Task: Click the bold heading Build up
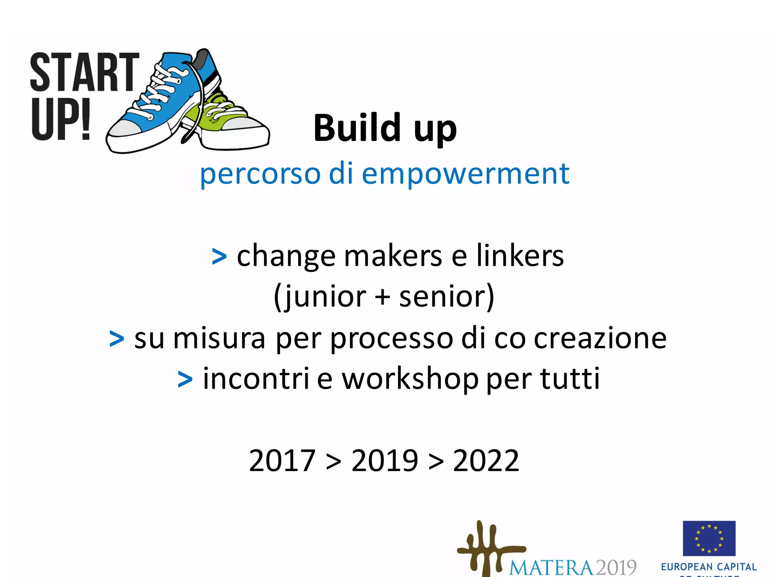[x=385, y=129]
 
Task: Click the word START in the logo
[x=84, y=72]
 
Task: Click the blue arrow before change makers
[x=219, y=257]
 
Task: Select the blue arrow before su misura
[x=116, y=339]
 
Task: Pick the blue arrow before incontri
[x=185, y=379]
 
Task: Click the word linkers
[x=520, y=255]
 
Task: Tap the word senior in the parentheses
[x=441, y=297]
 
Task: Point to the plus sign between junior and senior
[x=382, y=297]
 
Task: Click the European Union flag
[x=709, y=538]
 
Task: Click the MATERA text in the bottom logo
[x=551, y=567]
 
